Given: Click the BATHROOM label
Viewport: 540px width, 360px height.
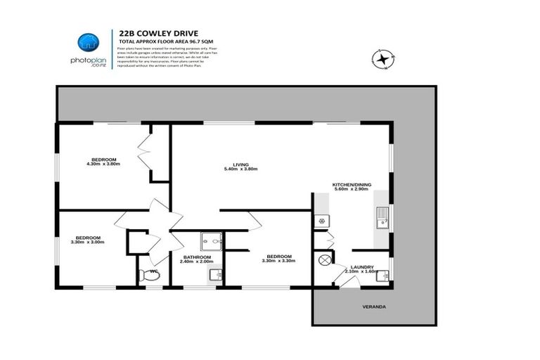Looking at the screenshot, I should click(197, 257).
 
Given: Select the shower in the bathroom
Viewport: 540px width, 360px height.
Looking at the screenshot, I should click(211, 241).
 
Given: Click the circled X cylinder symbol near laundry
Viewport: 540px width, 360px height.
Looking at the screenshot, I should click(325, 260).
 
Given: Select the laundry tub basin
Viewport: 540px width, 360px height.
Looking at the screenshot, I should click(382, 276).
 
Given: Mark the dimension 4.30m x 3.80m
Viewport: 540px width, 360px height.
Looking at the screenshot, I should click(103, 165).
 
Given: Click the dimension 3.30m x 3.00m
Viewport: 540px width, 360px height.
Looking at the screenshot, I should click(89, 243).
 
